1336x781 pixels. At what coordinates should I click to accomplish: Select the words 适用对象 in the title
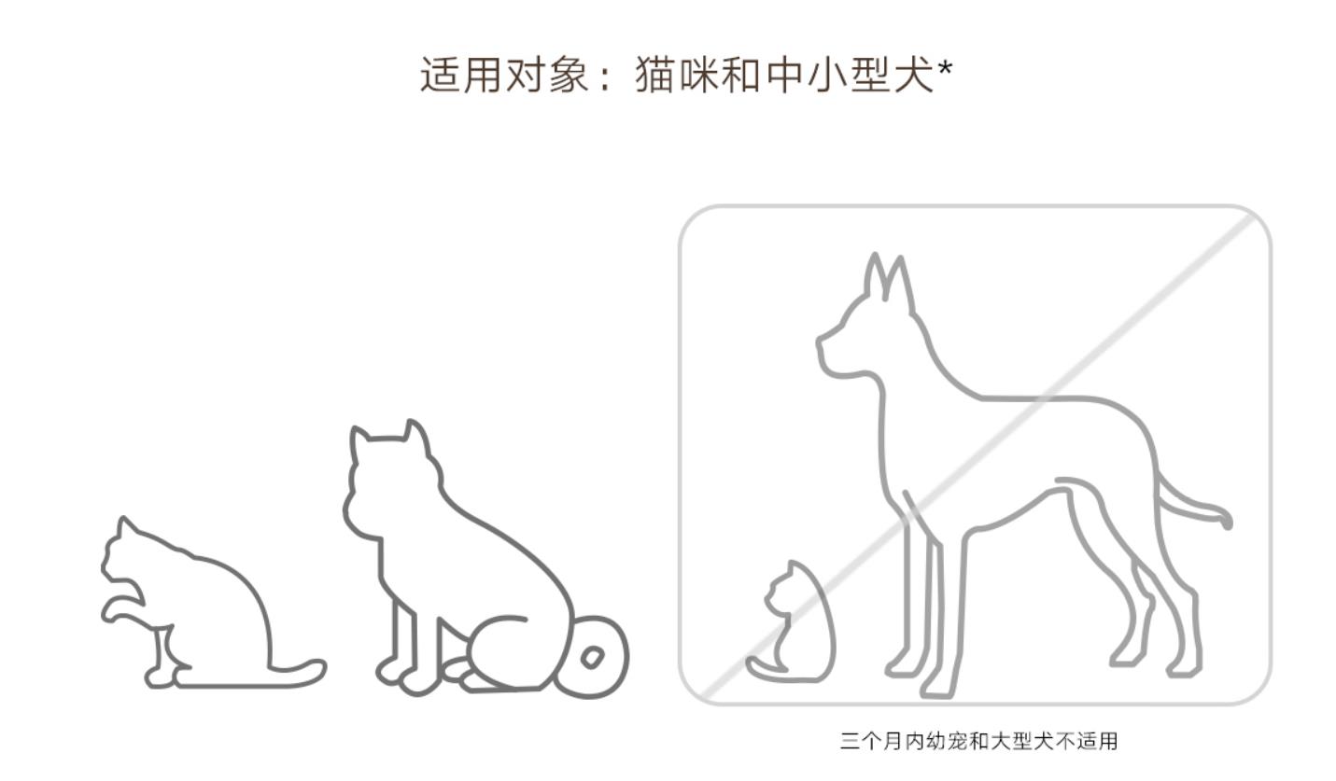(x=505, y=75)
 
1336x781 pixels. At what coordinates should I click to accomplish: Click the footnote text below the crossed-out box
(x=977, y=742)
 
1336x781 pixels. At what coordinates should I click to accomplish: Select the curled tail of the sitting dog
(x=594, y=657)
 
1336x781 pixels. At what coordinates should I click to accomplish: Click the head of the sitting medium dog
(x=387, y=476)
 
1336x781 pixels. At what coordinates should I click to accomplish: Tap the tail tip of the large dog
(x=1225, y=518)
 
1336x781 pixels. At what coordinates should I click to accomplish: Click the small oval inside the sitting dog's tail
(x=592, y=658)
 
